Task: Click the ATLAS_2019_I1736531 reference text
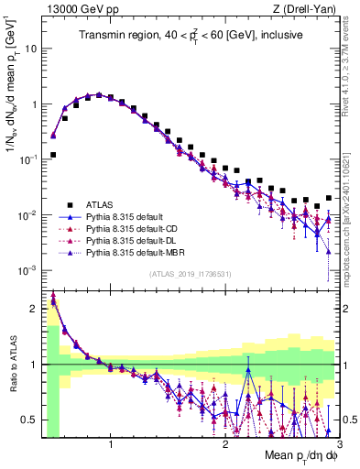pos(189,275)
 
